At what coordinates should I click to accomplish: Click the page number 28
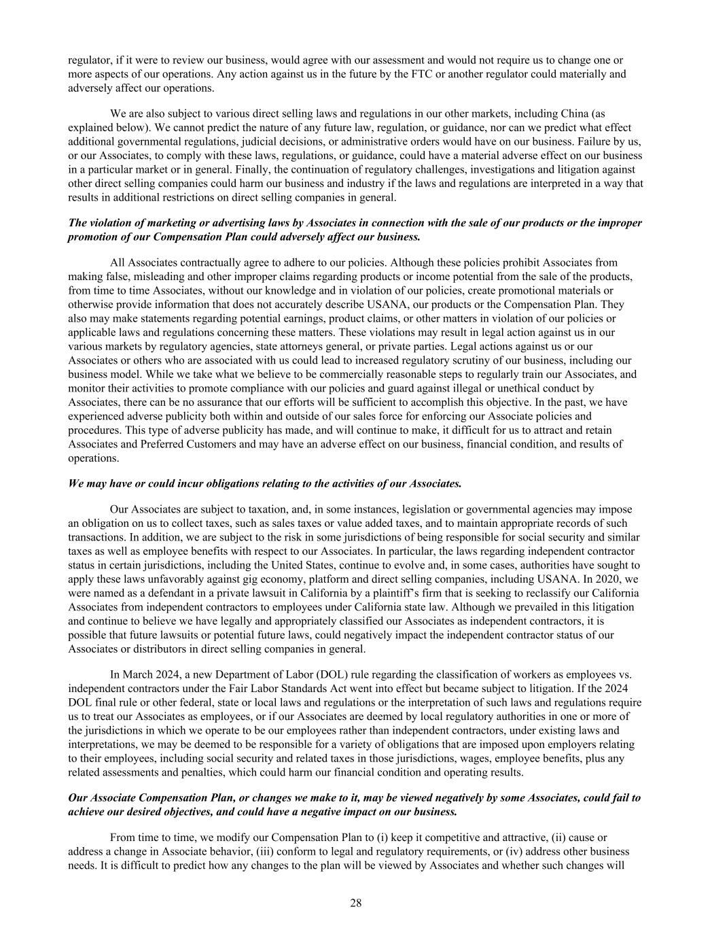(x=356, y=903)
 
